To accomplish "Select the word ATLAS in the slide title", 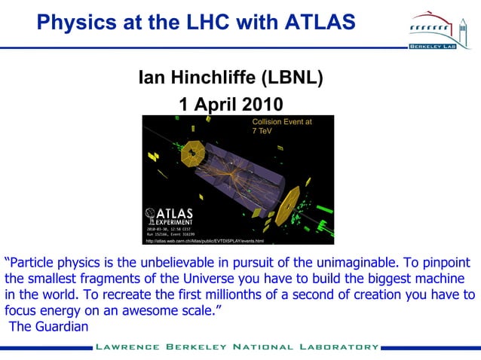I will click(x=317, y=23).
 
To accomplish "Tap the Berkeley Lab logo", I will click(x=440, y=31).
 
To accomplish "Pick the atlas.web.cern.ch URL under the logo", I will click(x=204, y=241).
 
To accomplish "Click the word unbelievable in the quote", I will click(x=202, y=263).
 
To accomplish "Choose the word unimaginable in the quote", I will click(x=380, y=263).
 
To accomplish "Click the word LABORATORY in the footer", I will click(x=335, y=347).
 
